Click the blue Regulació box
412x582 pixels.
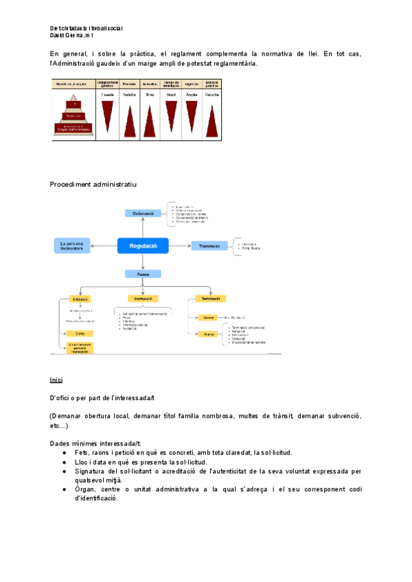pyautogui.click(x=143, y=246)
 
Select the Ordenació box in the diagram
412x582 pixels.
pyautogui.click(x=143, y=213)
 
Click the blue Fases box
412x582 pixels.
pyautogui.click(x=143, y=274)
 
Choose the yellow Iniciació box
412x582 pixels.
pyautogui.click(x=80, y=299)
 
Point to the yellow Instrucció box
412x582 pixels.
pyautogui.click(x=144, y=299)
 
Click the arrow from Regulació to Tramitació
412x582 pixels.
pyautogui.click(x=179, y=246)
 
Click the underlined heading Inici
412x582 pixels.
pyautogui.click(x=56, y=380)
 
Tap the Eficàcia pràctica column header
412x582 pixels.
pyautogui.click(x=212, y=84)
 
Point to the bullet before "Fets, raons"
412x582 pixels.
pyautogui.click(x=64, y=453)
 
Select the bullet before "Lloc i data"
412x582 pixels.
pyautogui.click(x=64, y=463)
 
